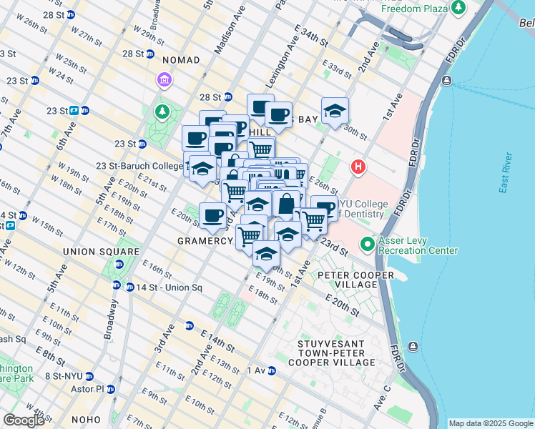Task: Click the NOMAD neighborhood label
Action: click(181, 61)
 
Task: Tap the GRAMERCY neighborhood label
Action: click(205, 242)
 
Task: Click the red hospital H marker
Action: click(358, 167)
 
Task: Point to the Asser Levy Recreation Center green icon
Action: click(368, 245)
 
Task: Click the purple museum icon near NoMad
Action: click(165, 79)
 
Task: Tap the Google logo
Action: click(25, 420)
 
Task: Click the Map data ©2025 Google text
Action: click(490, 423)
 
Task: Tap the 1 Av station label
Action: click(256, 370)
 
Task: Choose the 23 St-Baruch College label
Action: click(139, 166)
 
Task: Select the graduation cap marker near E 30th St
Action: click(335, 112)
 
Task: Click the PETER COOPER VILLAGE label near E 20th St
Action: click(355, 280)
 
